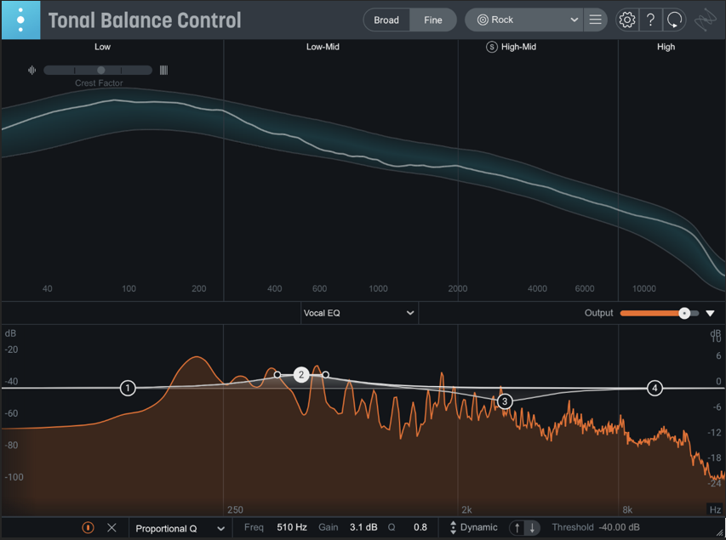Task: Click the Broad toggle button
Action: tap(386, 20)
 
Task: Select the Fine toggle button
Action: tap(433, 20)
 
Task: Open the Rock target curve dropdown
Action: tap(523, 20)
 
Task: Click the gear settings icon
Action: tap(627, 20)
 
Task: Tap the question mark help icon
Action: tap(650, 20)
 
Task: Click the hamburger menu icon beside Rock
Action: tap(596, 20)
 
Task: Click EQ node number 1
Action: tap(128, 388)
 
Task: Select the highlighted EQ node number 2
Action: tap(301, 375)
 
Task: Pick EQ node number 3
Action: tap(505, 401)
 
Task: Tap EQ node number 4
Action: tap(655, 389)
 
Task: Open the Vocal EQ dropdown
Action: tap(359, 313)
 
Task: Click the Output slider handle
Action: tap(684, 313)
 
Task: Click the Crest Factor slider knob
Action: tap(101, 71)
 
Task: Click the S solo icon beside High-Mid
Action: tap(492, 47)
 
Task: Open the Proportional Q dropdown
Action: tap(180, 528)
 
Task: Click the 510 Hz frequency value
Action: tap(292, 527)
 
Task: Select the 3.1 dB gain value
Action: tap(363, 527)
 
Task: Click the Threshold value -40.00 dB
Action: tap(619, 527)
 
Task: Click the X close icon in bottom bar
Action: tap(111, 527)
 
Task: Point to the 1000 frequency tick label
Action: tap(378, 289)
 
